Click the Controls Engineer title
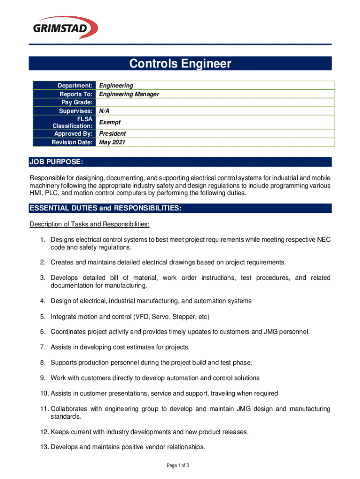pos(180,64)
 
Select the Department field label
pos(75,86)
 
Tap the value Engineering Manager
pos(129,94)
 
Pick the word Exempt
pos(110,122)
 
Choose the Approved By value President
pos(113,133)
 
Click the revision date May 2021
pos(112,142)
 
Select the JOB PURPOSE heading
pos(57,162)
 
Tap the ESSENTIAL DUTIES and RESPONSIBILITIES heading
pos(105,208)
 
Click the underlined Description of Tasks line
pos(89,225)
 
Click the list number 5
pos(43,317)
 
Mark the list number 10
pos(44,393)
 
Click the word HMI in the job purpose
pos(36,194)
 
